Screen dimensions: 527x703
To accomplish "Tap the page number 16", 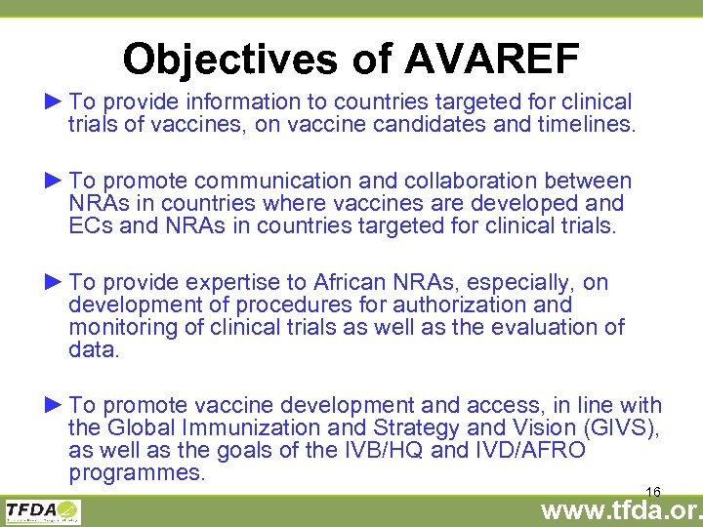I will [653, 491].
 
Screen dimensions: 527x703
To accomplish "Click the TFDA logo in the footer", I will [43, 511].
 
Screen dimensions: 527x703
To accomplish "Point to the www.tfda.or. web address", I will [621, 509].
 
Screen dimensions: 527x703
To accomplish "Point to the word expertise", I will [243, 282].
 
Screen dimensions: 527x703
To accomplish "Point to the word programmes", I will [137, 473].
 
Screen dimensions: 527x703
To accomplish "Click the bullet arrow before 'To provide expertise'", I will [53, 281].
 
